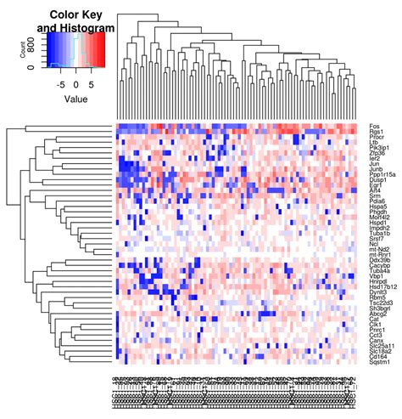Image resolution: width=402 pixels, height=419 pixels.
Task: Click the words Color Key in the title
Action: coord(75,14)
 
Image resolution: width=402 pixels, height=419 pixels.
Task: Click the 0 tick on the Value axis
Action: coord(76,84)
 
